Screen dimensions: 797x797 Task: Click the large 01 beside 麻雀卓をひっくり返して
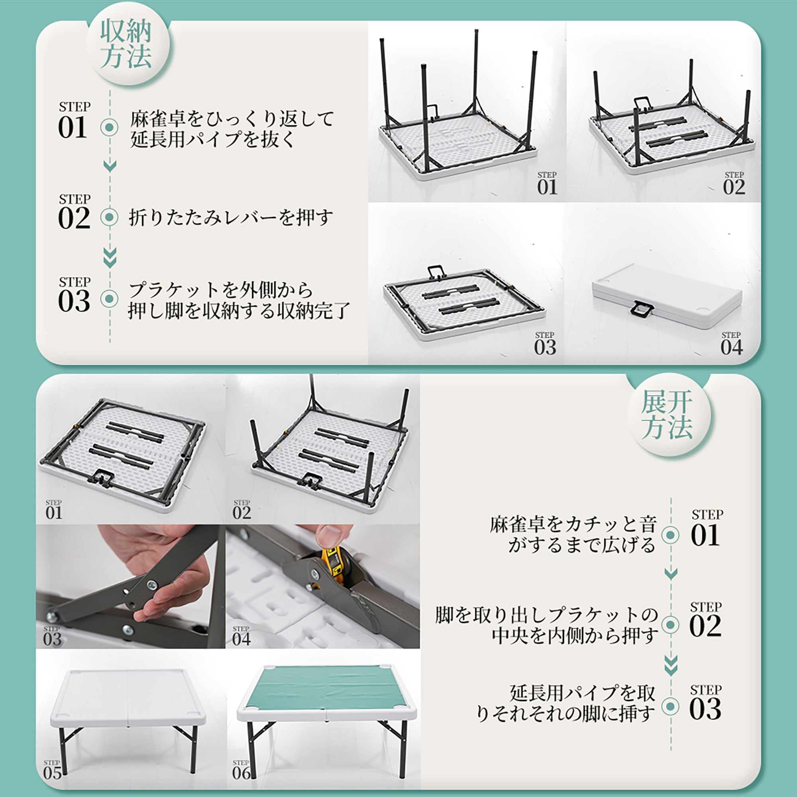click(x=73, y=128)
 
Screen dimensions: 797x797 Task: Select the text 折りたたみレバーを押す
click(x=231, y=218)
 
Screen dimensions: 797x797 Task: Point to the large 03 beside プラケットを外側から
click(x=74, y=301)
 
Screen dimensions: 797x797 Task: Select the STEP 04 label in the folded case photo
click(x=731, y=344)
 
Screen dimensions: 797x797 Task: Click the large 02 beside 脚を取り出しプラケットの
click(x=705, y=626)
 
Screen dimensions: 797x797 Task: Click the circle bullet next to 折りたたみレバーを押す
click(x=109, y=217)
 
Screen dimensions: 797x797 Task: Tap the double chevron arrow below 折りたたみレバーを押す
click(x=110, y=257)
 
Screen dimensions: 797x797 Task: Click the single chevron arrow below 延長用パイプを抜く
click(x=110, y=166)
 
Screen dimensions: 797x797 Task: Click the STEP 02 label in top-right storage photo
click(x=734, y=184)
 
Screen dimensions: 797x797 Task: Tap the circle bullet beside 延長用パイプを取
click(x=670, y=707)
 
